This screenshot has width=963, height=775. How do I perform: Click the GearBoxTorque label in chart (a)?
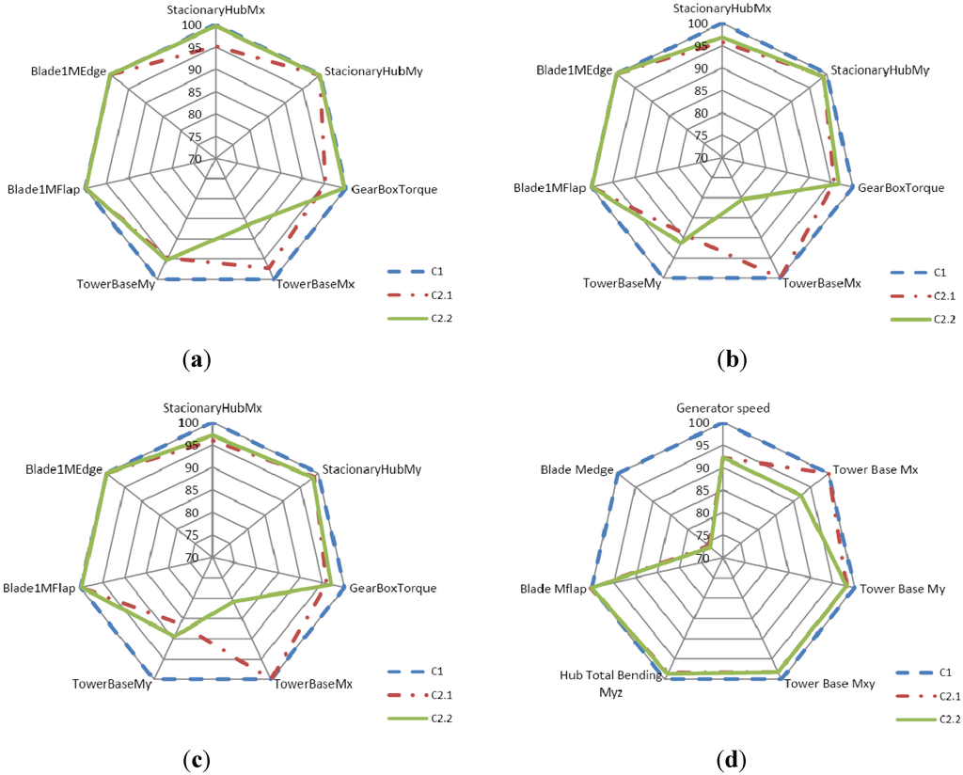[x=394, y=189]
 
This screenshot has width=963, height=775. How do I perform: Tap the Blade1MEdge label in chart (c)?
[x=64, y=468]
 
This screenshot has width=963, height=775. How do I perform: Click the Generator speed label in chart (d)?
[x=723, y=408]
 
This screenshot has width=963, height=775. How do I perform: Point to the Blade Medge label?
[x=576, y=469]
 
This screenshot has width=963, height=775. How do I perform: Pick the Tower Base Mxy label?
[x=829, y=684]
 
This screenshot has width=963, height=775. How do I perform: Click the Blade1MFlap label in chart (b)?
[x=550, y=189]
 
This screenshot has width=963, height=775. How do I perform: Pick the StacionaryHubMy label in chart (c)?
[x=371, y=468]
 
